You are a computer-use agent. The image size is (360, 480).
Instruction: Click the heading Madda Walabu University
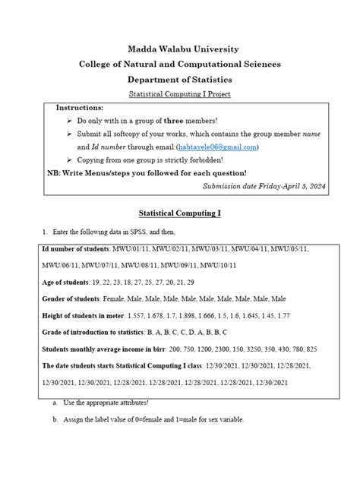pyautogui.click(x=180, y=49)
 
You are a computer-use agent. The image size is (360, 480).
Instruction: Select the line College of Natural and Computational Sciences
pyautogui.click(x=180, y=64)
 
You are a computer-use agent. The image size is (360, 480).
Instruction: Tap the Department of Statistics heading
pyautogui.click(x=180, y=79)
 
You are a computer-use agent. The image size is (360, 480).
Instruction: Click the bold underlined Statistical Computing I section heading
pyautogui.click(x=180, y=214)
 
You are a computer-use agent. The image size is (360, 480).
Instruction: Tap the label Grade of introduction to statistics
pyautogui.click(x=101, y=333)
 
